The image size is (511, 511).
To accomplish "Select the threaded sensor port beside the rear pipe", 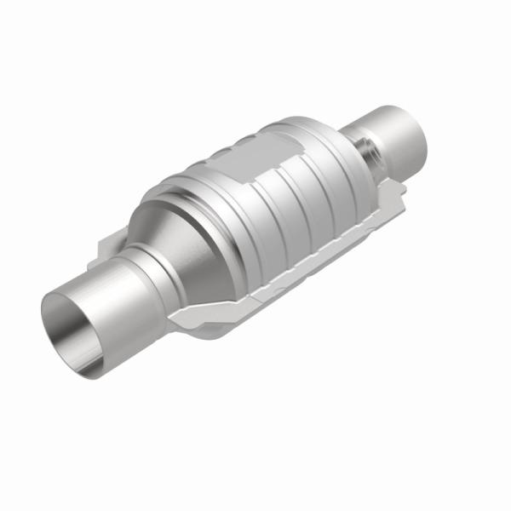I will pos(367,146).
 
